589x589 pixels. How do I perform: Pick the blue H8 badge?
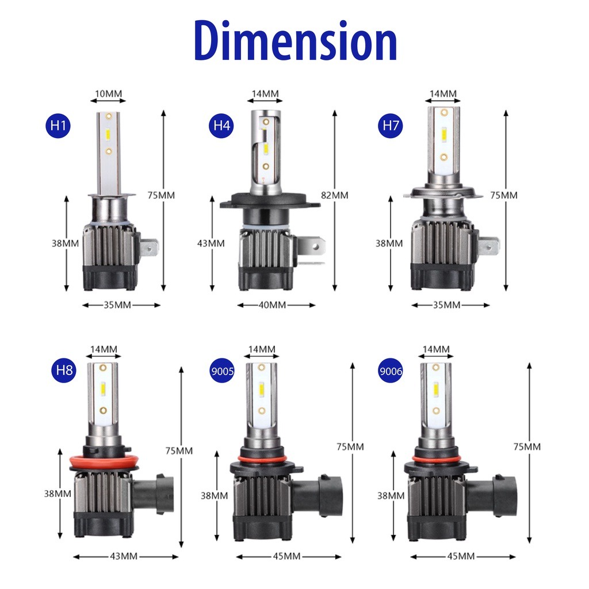[x=64, y=370]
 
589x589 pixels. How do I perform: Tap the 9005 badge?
[x=223, y=371]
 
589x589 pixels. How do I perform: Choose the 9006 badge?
[x=391, y=371]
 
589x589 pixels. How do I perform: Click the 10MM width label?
[x=108, y=94]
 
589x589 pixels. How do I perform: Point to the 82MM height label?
[x=334, y=195]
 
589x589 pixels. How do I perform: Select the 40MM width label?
[x=272, y=305]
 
